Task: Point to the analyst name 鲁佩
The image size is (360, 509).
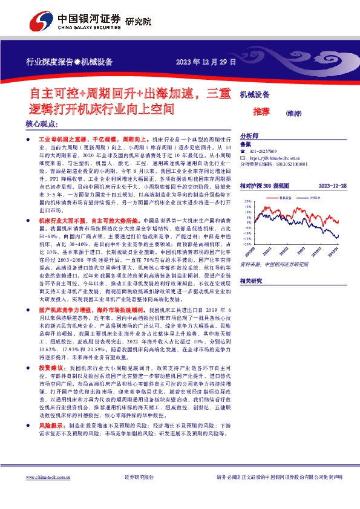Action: coord(245,144)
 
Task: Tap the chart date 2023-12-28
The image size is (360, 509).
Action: coord(333,186)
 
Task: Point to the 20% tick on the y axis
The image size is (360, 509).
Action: coord(247,201)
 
